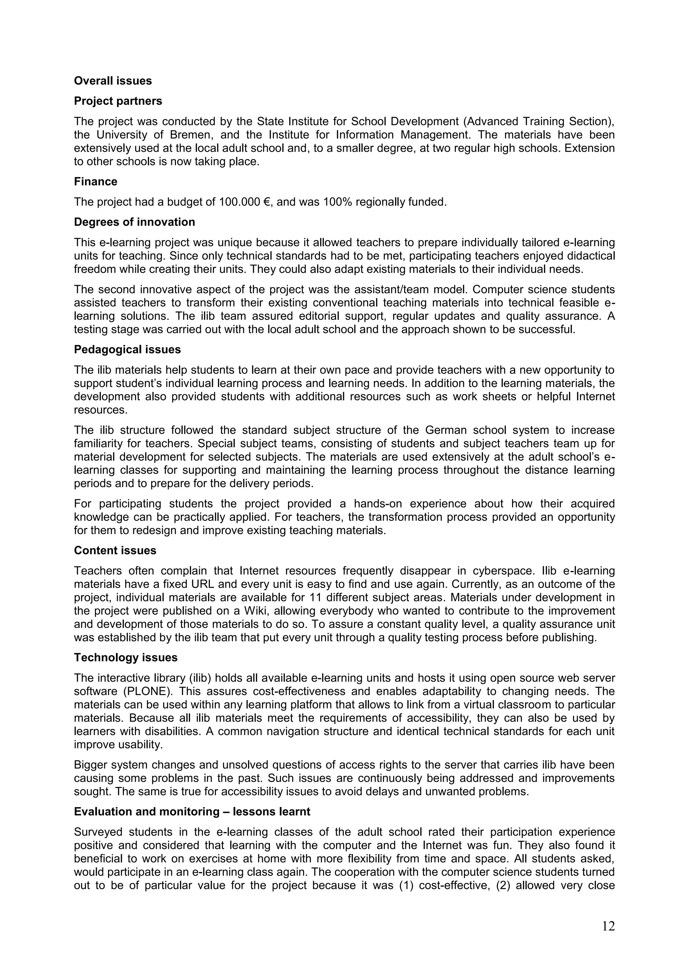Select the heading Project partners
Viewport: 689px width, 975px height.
point(118,101)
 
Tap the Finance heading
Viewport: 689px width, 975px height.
point(96,182)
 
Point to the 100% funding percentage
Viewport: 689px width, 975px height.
point(337,202)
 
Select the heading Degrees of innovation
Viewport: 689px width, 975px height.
point(134,222)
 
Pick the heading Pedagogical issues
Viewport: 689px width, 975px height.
point(128,349)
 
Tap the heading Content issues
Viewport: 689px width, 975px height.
point(115,550)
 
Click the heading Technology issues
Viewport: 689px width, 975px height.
point(126,658)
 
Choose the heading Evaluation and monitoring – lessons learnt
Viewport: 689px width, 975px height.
point(192,811)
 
